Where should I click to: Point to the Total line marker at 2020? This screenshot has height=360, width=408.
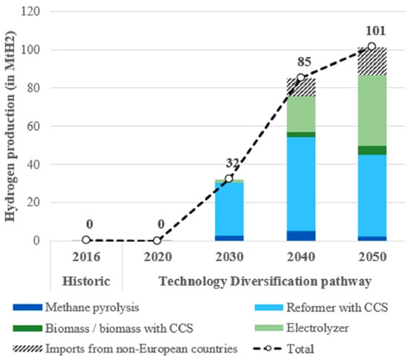tap(157, 240)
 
